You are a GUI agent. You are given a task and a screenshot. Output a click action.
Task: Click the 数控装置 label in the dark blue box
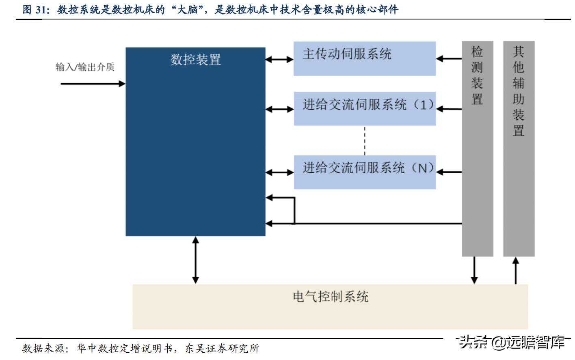coord(195,60)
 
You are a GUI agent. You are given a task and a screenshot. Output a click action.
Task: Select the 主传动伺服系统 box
coord(364,58)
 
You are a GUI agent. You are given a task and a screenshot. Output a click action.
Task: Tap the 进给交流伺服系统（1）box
coord(364,108)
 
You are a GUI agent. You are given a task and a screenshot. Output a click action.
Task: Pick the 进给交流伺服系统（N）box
coord(364,172)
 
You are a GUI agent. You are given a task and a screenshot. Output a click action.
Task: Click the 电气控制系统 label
coord(330,297)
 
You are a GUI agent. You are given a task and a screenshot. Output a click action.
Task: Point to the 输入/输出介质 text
coord(85,67)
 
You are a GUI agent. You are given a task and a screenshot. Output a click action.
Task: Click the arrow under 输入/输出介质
coord(93,84)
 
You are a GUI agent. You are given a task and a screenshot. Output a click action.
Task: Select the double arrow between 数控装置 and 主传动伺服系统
coord(279,59)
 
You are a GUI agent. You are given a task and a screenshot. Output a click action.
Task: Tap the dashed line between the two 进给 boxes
coord(365,140)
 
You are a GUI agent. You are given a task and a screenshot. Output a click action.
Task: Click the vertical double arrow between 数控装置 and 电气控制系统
coord(195,260)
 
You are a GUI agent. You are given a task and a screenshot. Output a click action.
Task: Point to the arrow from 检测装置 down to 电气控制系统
coord(474,270)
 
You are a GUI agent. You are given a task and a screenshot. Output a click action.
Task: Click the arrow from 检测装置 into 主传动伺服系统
coord(449,58)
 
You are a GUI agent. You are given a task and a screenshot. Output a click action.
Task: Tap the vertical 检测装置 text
coord(477,75)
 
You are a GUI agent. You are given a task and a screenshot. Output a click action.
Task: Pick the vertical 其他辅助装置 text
coord(519,91)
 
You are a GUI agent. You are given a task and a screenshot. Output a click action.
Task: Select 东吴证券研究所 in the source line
coord(222,348)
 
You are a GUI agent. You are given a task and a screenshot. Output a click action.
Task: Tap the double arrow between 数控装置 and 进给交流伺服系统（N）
coord(279,172)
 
